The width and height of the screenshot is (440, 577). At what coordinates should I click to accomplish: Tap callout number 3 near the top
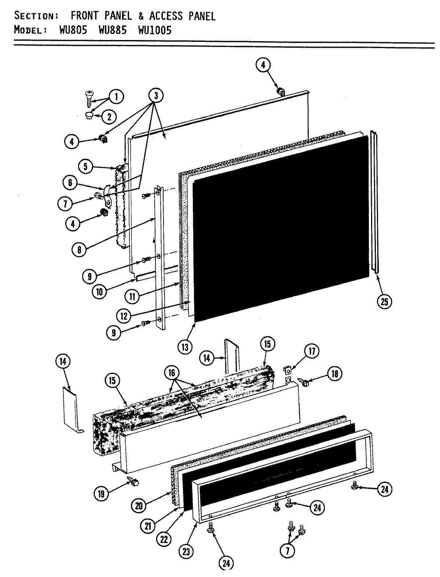[x=156, y=96]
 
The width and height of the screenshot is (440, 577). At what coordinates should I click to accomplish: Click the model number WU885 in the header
[x=112, y=30]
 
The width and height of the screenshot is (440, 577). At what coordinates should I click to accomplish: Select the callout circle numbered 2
[x=109, y=117]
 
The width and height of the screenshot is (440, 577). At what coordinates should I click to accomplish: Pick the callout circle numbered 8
[x=80, y=250]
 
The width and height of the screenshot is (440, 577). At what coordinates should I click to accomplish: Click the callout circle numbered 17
[x=312, y=351]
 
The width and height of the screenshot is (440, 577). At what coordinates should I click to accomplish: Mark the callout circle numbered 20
[x=139, y=506]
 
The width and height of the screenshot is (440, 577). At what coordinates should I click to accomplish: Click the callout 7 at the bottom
[x=287, y=551]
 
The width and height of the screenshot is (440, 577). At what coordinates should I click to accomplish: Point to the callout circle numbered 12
[x=124, y=316]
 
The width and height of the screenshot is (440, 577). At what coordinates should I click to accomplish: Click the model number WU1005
[x=154, y=30]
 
